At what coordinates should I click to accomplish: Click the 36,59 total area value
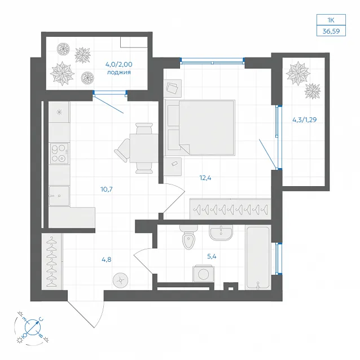[x=331, y=31]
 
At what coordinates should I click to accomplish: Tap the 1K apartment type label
[x=331, y=20]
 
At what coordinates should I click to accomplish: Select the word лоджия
[x=119, y=73]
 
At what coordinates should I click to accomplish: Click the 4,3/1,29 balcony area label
[x=305, y=120]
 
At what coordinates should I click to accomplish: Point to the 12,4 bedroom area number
[x=205, y=178]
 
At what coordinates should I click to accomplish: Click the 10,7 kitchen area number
[x=107, y=190]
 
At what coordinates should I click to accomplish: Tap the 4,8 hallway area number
[x=107, y=260]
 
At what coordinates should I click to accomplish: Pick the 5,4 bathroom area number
[x=212, y=256]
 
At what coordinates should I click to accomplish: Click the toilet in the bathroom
[x=188, y=237]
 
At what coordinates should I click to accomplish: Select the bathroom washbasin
[x=221, y=232]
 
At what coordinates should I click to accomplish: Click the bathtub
[x=258, y=257]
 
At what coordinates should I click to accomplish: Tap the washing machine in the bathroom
[x=204, y=274]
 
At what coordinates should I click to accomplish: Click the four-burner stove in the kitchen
[x=59, y=153]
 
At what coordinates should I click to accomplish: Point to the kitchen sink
[x=59, y=196]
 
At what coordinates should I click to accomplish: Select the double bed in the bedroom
[x=200, y=128]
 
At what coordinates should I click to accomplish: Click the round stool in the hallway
[x=121, y=280]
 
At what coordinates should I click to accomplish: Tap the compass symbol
[x=32, y=327]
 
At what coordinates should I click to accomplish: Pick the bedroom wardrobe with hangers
[x=231, y=209]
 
